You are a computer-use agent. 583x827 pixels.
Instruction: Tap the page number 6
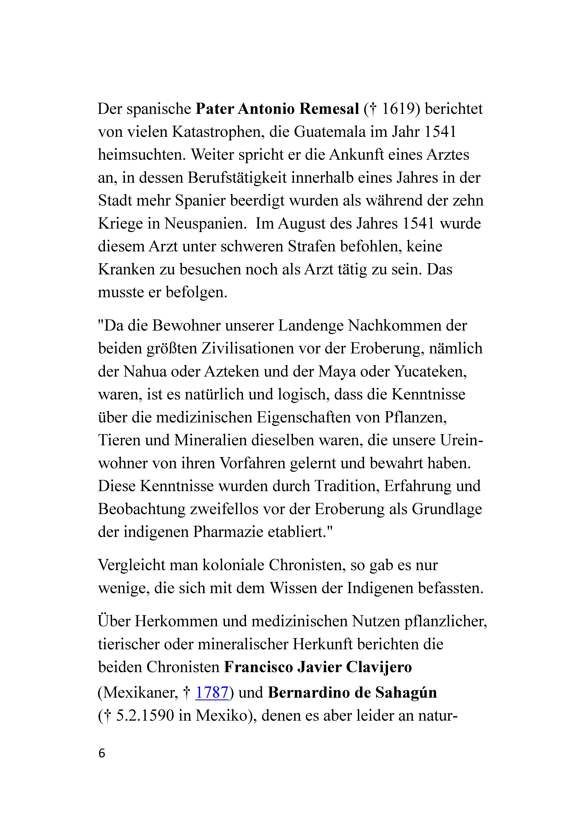(x=102, y=753)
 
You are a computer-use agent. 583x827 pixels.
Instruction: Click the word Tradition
(x=346, y=486)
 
